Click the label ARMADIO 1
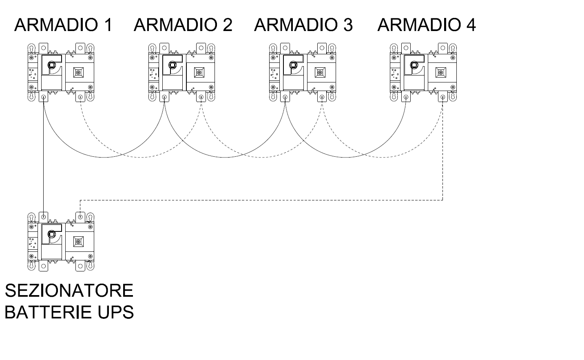point(63,25)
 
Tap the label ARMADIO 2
point(183,25)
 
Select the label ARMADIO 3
point(303,25)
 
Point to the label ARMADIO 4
point(427,25)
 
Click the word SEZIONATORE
point(69,291)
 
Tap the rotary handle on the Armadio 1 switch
point(52,64)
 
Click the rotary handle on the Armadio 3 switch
point(293,64)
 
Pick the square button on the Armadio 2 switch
point(199,73)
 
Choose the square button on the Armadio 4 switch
point(441,73)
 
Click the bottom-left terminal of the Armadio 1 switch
point(44,97)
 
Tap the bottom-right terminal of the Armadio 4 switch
point(443,97)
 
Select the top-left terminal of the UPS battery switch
point(44,217)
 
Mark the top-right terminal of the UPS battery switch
point(80,217)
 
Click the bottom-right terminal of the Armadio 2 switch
point(201,97)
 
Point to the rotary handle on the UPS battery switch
point(52,234)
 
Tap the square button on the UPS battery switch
point(78,242)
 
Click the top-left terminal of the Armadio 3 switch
point(285,48)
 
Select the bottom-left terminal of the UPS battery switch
point(44,266)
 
